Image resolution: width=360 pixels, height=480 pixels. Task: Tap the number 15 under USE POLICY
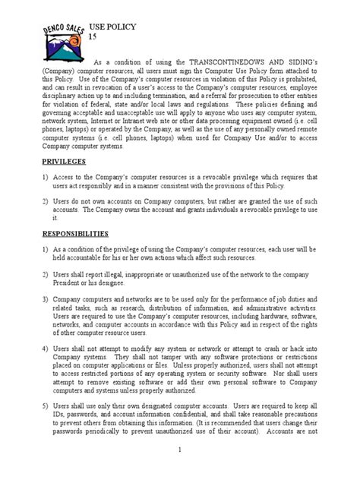pos(94,37)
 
